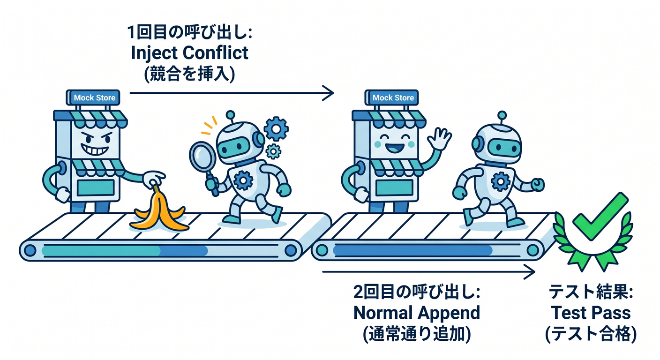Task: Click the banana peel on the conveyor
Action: pos(159,212)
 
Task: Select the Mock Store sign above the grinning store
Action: pos(94,97)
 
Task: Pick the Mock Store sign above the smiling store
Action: pos(392,97)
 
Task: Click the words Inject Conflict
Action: pos(189,52)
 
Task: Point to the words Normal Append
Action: pos(417,313)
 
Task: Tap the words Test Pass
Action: pos(591,313)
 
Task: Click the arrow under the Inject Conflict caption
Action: pos(232,93)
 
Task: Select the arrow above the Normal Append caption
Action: pos(429,271)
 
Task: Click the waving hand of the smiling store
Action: pos(439,139)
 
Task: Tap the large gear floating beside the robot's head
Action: pos(276,129)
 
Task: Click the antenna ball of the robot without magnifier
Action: pos(502,115)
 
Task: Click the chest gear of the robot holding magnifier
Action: pos(243,180)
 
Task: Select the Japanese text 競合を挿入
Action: pos(189,74)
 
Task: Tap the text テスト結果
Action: pos(591,292)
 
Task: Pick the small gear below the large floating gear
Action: pos(273,152)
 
